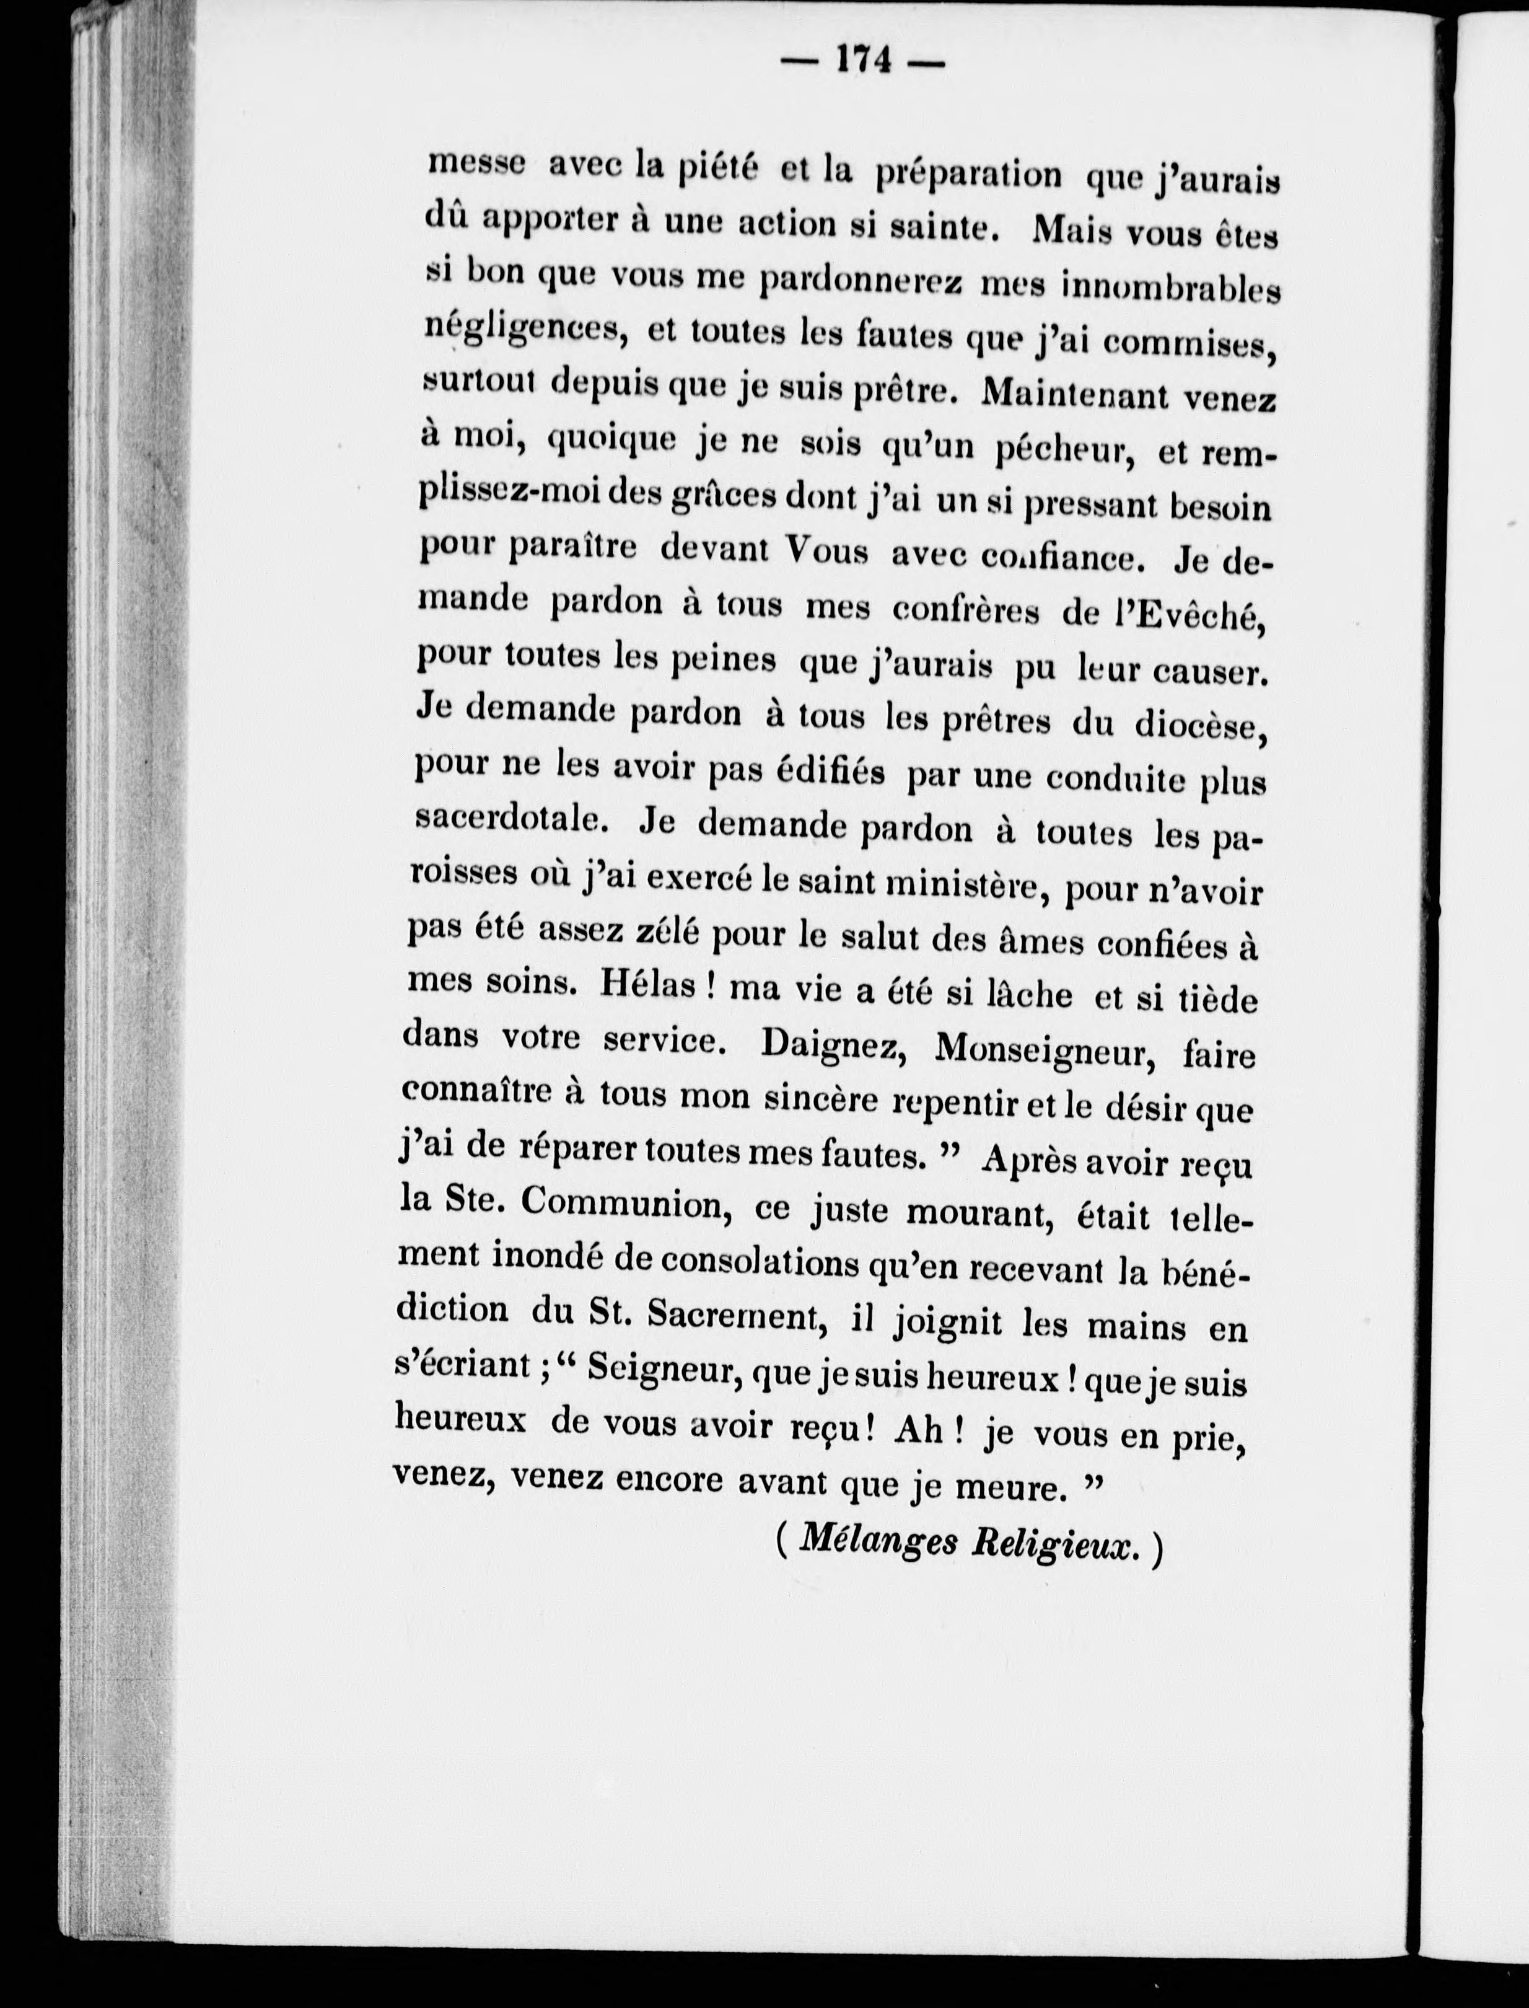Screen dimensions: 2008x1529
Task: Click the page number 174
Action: pos(864,61)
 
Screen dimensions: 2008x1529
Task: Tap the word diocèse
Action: pos(1199,726)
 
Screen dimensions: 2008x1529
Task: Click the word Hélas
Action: pos(647,987)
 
